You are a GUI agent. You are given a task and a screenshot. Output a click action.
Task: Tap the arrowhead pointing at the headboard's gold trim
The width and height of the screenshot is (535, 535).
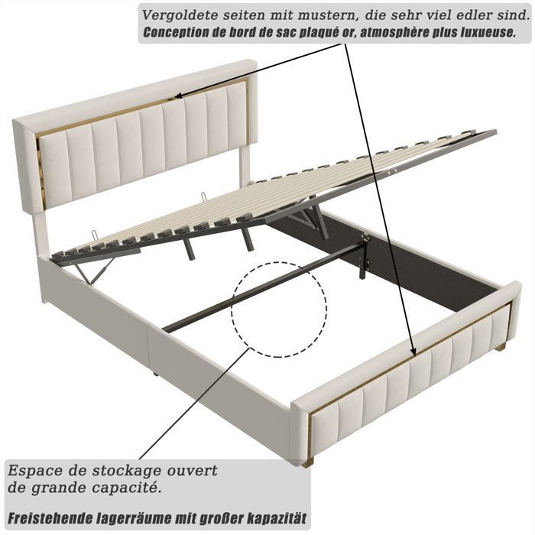click(178, 96)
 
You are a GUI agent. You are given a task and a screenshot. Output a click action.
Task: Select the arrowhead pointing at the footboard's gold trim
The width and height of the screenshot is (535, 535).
click(413, 352)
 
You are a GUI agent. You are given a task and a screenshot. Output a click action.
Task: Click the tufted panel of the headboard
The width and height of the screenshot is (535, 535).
click(145, 141)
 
